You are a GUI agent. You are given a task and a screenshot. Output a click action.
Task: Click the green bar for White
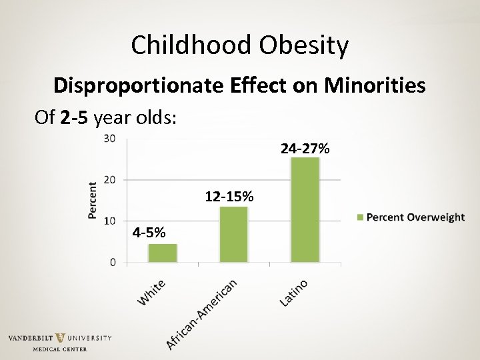point(163,253)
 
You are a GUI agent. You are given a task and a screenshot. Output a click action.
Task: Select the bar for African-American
point(234,234)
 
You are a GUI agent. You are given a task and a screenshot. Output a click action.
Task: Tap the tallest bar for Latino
point(305,209)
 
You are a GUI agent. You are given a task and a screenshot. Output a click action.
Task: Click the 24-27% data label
point(305,149)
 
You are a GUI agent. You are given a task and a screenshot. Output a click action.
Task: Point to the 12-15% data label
point(229,197)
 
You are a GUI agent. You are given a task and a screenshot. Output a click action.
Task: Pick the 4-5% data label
point(150,233)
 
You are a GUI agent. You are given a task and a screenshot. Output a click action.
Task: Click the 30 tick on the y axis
point(109,139)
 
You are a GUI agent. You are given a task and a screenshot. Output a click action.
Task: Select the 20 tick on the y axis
point(109,180)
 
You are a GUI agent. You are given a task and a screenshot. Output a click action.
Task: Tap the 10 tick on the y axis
point(109,221)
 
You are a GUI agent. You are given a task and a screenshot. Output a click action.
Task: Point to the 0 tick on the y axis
point(113,262)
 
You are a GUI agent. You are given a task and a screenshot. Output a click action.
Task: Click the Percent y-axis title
point(93,200)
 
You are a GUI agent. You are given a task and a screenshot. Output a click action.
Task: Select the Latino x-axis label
point(293,293)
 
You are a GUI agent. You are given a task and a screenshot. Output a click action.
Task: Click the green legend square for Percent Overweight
point(361,217)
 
